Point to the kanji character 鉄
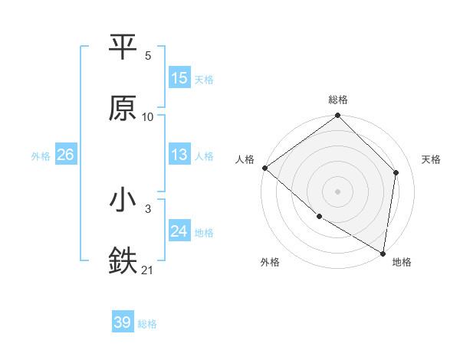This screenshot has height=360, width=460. [123, 260]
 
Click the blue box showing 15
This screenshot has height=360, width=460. [179, 78]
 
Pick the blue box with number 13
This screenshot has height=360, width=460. [179, 155]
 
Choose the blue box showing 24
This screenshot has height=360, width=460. [179, 231]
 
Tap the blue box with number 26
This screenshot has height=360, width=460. [65, 155]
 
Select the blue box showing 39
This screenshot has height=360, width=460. [123, 323]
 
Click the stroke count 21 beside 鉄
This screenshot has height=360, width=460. [148, 270]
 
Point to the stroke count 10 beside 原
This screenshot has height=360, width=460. [148, 116]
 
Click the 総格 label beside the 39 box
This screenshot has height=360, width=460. [148, 324]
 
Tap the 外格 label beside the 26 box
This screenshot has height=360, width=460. [41, 155]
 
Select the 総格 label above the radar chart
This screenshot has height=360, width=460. [338, 100]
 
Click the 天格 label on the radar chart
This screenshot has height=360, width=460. [432, 159]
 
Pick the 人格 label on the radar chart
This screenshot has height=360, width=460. [245, 159]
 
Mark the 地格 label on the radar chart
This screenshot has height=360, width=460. [402, 263]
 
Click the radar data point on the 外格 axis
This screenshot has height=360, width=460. [319, 217]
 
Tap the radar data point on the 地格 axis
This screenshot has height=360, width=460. [383, 253]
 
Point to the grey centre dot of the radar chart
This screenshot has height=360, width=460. [338, 191]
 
